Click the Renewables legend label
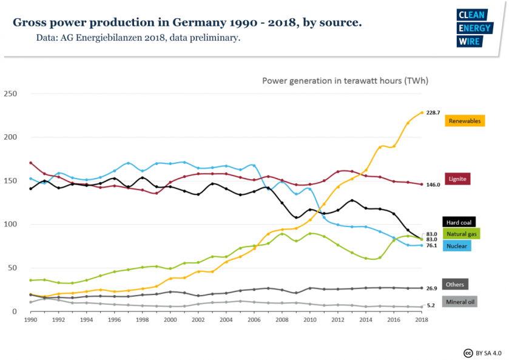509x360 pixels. click(x=465, y=121)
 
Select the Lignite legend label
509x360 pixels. click(x=456, y=179)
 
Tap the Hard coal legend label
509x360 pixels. click(x=458, y=222)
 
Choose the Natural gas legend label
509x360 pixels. click(x=461, y=234)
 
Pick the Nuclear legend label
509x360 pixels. click(x=457, y=246)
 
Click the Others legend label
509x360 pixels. click(x=455, y=284)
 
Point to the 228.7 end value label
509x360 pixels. click(x=433, y=113)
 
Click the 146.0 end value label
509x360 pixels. click(x=433, y=185)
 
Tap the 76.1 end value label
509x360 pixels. click(x=432, y=246)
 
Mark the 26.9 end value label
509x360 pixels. click(x=432, y=288)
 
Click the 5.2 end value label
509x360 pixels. click(x=430, y=305)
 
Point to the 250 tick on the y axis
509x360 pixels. click(x=10, y=93)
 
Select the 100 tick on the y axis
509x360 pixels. click(x=10, y=225)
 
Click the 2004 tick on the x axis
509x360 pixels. click(x=226, y=319)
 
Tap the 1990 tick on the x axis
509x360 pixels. click(x=30, y=319)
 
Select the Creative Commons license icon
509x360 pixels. click(x=468, y=352)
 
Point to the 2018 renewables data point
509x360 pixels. click(x=422, y=112)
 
